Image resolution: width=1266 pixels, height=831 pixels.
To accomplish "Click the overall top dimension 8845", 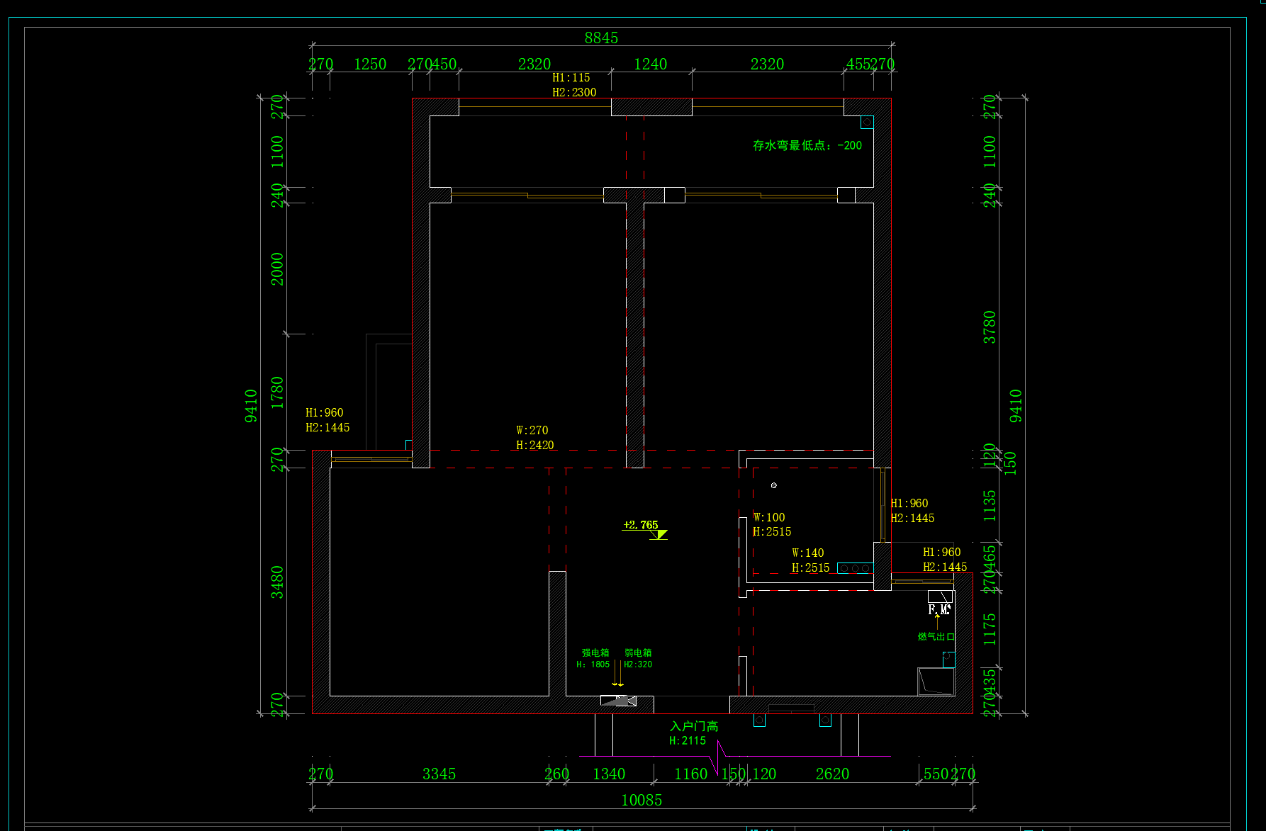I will coord(601,38).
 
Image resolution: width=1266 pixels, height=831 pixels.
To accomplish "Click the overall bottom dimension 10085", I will coord(642,801).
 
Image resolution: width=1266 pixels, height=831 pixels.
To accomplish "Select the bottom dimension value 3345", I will coord(439,774).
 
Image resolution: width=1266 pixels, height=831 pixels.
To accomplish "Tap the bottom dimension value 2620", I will coord(832,774).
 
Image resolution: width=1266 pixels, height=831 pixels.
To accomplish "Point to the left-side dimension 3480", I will coord(276,582).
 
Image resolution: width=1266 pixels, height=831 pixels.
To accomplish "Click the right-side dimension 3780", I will coord(990,327).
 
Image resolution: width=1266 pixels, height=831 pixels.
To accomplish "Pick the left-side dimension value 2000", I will coord(276,269).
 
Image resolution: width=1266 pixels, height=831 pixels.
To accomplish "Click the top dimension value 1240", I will coord(650,64).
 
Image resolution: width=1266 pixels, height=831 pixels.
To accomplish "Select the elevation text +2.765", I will coord(640,525).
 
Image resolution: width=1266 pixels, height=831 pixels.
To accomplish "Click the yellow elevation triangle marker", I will coord(659,534).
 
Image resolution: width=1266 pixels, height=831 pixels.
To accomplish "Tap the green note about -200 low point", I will coord(807,146).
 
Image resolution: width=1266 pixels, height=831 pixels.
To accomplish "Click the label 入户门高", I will coord(694,726).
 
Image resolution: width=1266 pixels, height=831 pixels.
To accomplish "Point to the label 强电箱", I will coord(595,652).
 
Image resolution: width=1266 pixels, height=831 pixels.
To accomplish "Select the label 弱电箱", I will coord(638,652).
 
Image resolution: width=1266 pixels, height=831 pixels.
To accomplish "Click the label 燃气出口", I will coord(936,637).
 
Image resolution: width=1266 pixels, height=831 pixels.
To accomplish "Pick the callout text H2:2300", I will coord(574,93).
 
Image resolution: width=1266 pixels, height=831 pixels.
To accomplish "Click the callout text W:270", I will coord(532,431).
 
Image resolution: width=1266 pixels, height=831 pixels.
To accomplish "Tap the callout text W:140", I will coord(808,553).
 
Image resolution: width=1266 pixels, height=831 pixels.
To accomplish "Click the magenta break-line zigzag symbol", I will coord(718,757).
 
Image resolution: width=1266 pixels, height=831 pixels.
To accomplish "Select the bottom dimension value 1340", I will coord(609,774).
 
